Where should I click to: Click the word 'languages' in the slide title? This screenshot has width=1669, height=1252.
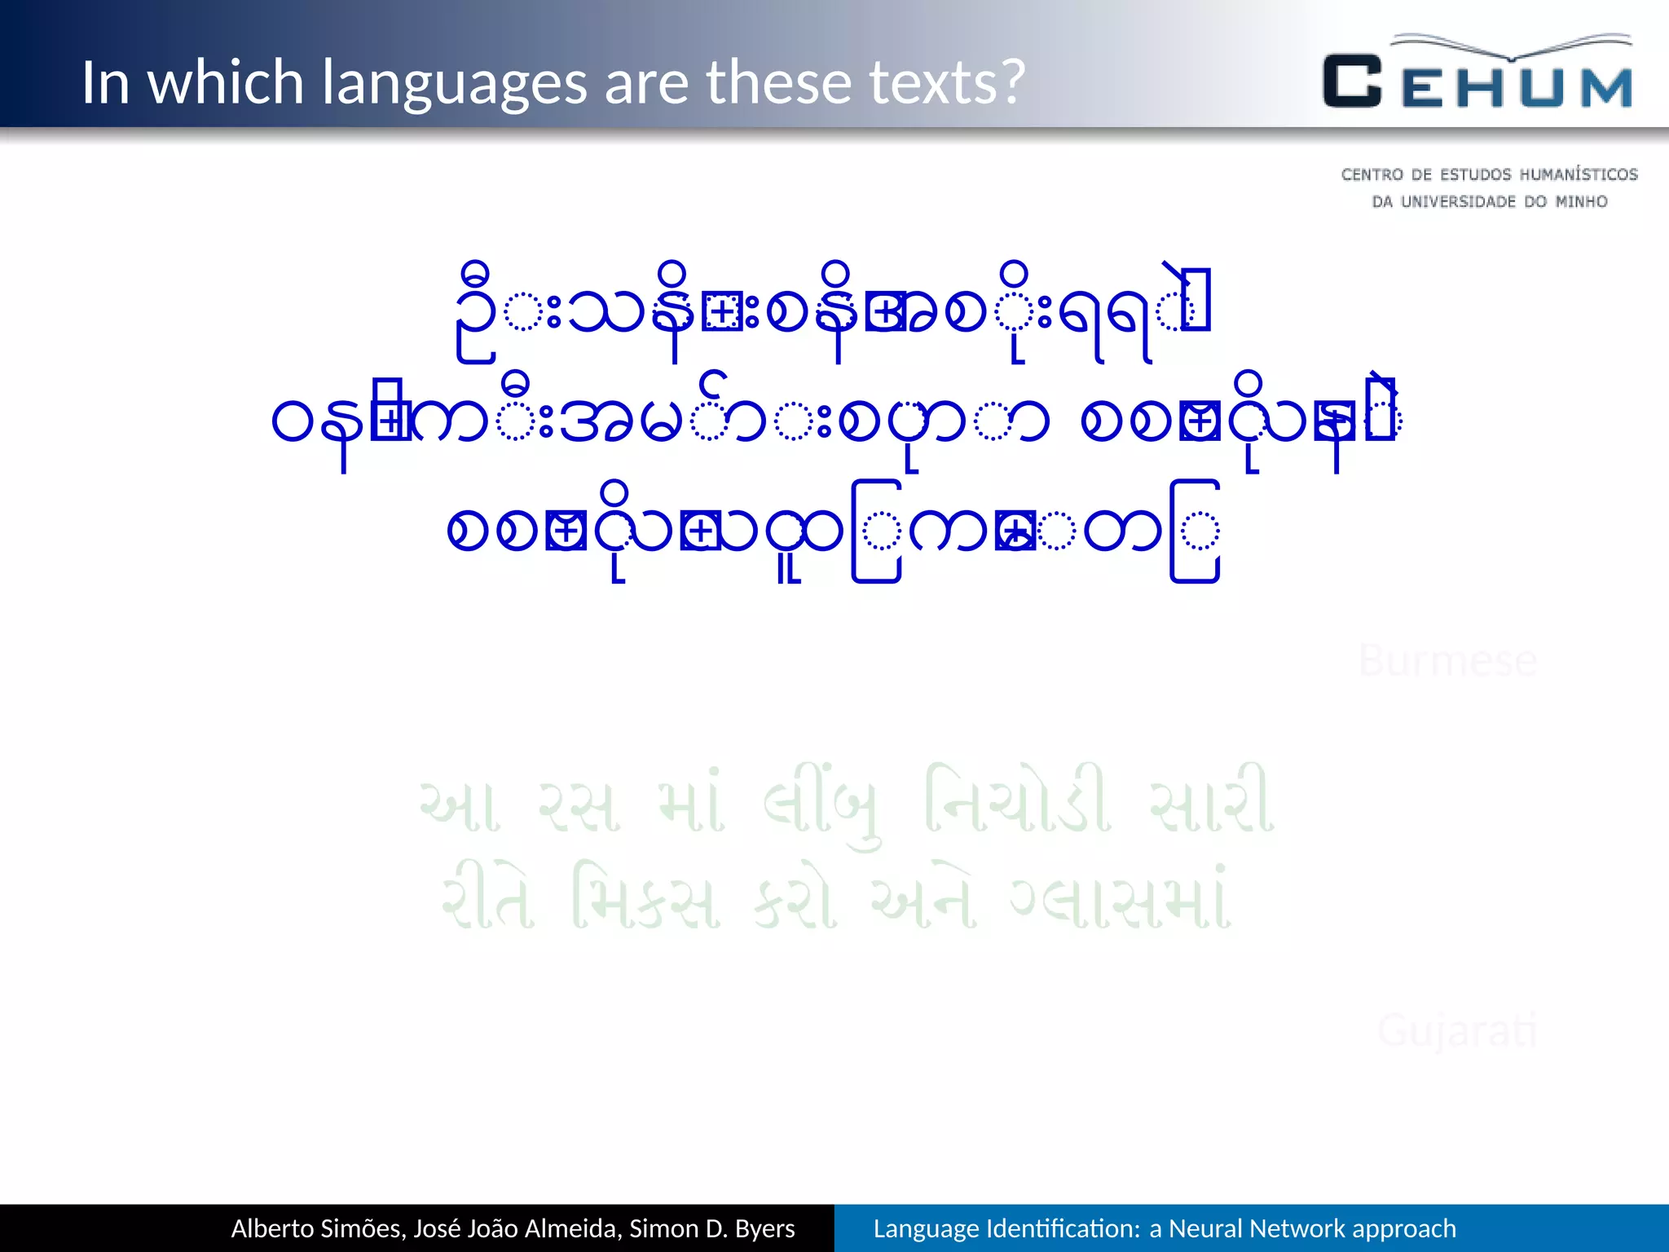pyautogui.click(x=454, y=83)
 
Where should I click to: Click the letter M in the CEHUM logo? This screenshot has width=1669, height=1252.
pyautogui.click(x=1605, y=87)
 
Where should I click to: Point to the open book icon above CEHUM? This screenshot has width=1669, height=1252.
pyautogui.click(x=1513, y=47)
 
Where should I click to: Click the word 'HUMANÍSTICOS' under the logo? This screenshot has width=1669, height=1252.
pyautogui.click(x=1579, y=174)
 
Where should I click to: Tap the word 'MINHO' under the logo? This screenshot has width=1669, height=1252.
pyautogui.click(x=1581, y=201)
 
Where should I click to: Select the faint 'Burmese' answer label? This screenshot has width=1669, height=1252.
pyautogui.click(x=1447, y=660)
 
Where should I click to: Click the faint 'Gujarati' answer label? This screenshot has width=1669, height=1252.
pyautogui.click(x=1457, y=1031)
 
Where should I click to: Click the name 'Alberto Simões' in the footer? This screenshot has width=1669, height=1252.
pyautogui.click(x=318, y=1228)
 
